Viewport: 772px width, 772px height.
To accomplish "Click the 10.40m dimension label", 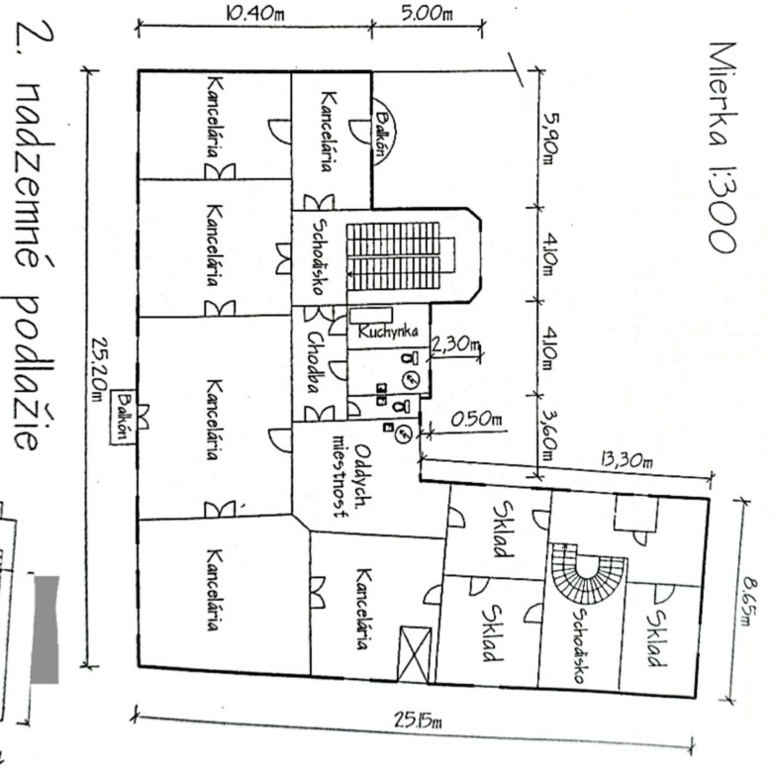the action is (255, 13).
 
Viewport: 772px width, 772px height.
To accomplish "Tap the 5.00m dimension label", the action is (427, 13).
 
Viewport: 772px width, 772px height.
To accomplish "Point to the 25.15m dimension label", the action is (418, 721).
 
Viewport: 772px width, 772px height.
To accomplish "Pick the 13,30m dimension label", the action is (627, 460).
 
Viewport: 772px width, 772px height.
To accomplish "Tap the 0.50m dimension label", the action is (477, 420).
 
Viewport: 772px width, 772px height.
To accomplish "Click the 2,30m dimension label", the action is (455, 344).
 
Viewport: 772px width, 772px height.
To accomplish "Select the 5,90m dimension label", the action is (550, 139).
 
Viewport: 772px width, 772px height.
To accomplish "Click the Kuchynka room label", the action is (388, 331).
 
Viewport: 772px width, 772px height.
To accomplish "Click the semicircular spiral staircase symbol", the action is (588, 576).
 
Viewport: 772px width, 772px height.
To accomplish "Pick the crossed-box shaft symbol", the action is (415, 654).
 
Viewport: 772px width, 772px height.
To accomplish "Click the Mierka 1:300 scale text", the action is (723, 147).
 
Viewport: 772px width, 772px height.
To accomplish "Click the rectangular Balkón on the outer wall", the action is (123, 418).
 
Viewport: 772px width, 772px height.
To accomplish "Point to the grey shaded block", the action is (46, 629).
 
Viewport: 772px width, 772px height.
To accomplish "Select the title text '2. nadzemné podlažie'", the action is (35, 237).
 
